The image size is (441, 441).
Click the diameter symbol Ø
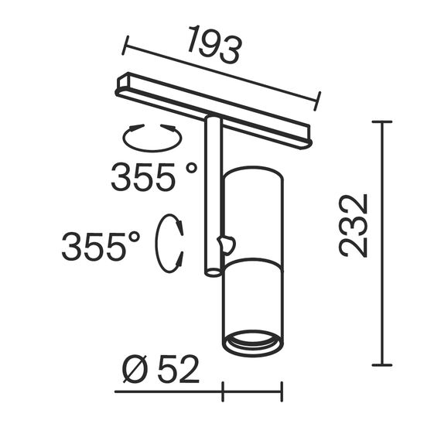coord(135,371)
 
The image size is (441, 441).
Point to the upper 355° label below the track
coord(154,178)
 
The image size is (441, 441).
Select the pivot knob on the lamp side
coord(225,245)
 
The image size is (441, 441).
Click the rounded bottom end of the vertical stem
coord(210,271)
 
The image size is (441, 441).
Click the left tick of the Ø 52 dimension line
coord(223,392)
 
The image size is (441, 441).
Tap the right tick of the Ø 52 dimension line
coord(282,392)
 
